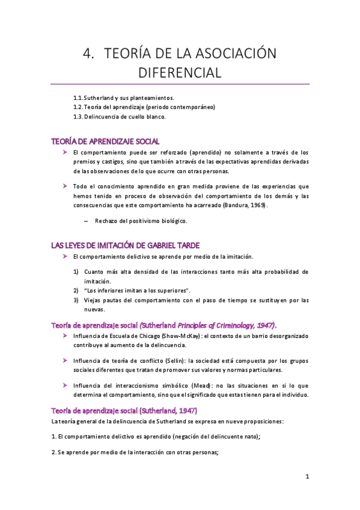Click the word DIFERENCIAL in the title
tap(180, 73)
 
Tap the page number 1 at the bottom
tap(307, 477)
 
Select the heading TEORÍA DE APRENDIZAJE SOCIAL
tap(105, 141)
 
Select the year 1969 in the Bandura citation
tap(255, 205)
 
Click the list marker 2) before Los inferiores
tap(76, 290)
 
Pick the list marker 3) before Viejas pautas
tap(76, 300)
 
